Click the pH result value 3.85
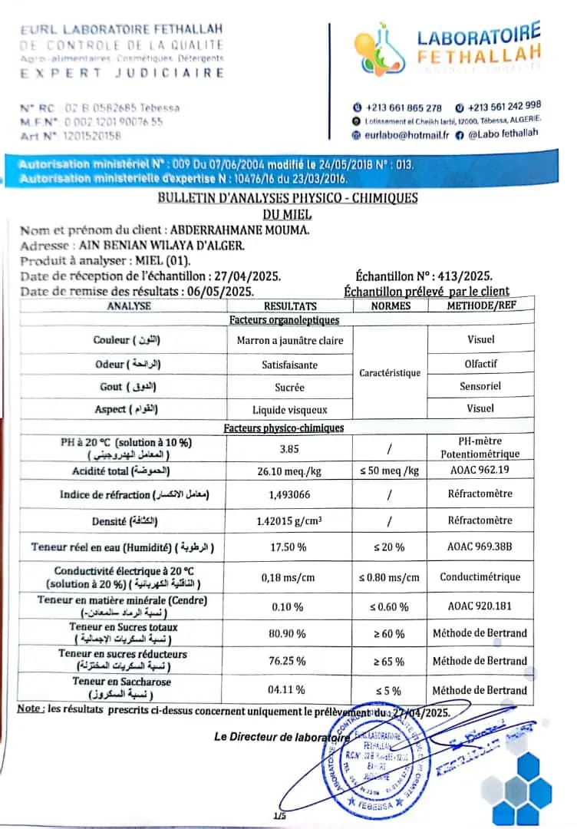pos(289,448)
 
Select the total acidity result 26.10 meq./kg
pos(289,471)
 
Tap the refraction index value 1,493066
pos(289,494)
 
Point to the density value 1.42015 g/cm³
pos(289,521)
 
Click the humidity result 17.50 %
pos(289,548)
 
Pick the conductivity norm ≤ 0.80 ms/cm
pos(389,577)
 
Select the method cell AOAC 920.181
pos(480,606)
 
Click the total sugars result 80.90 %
pos(289,634)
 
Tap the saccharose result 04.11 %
pos(289,690)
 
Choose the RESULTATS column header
pos(289,306)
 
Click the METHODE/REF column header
pos(480,306)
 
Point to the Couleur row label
pos(127,339)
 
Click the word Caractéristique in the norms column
pos(390,373)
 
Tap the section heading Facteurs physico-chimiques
pos(284,428)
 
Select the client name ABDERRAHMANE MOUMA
pos(239,230)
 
